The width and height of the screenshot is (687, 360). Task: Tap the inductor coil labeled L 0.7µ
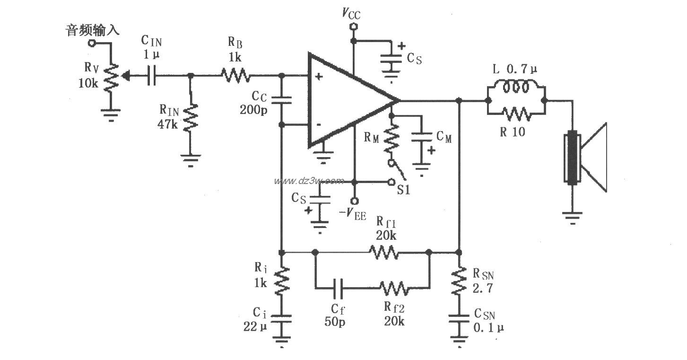pos(515,88)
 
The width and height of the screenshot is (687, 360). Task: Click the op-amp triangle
pos(345,100)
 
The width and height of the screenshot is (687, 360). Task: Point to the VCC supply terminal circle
pos(352,27)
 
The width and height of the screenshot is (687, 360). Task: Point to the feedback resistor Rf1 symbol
pos(383,252)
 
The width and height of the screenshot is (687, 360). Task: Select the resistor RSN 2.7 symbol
pos(458,281)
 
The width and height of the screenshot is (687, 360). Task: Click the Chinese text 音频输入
pos(92,31)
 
